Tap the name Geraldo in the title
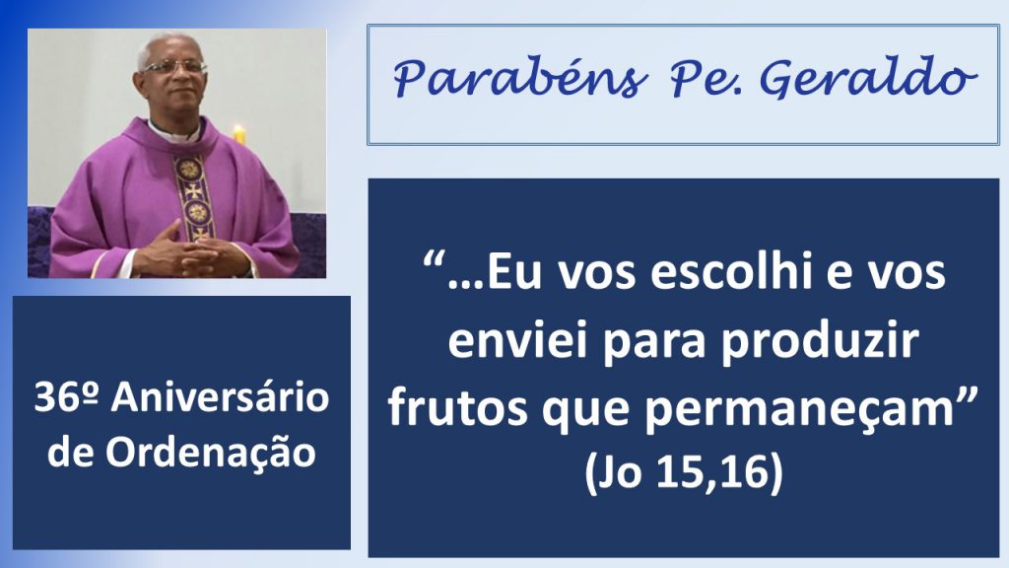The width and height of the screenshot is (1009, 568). (869, 79)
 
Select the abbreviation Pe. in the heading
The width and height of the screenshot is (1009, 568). (706, 79)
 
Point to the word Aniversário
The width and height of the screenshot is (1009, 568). (220, 396)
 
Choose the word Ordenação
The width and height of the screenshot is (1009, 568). (211, 453)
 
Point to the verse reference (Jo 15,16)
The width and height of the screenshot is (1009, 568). (684, 472)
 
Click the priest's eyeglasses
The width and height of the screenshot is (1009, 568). (174, 66)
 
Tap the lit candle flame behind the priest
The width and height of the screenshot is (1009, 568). (238, 129)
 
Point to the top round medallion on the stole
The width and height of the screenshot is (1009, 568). (189, 170)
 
